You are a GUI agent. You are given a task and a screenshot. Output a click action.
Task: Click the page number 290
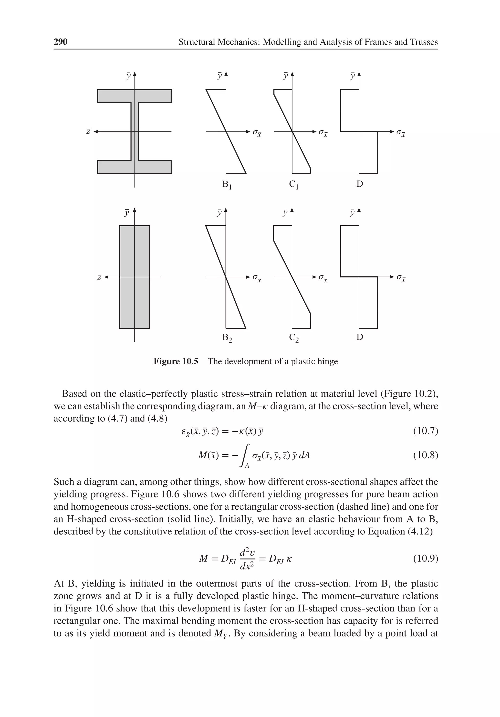point(60,42)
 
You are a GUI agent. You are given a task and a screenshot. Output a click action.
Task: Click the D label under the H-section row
point(360,184)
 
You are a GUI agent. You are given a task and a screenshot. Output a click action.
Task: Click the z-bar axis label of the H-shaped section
point(88,131)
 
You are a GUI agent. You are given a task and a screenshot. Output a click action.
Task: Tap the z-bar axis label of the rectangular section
point(99,277)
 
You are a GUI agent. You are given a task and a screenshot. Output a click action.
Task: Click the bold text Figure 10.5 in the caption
point(176,361)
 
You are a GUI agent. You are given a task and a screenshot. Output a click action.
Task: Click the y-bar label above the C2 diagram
point(285,213)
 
